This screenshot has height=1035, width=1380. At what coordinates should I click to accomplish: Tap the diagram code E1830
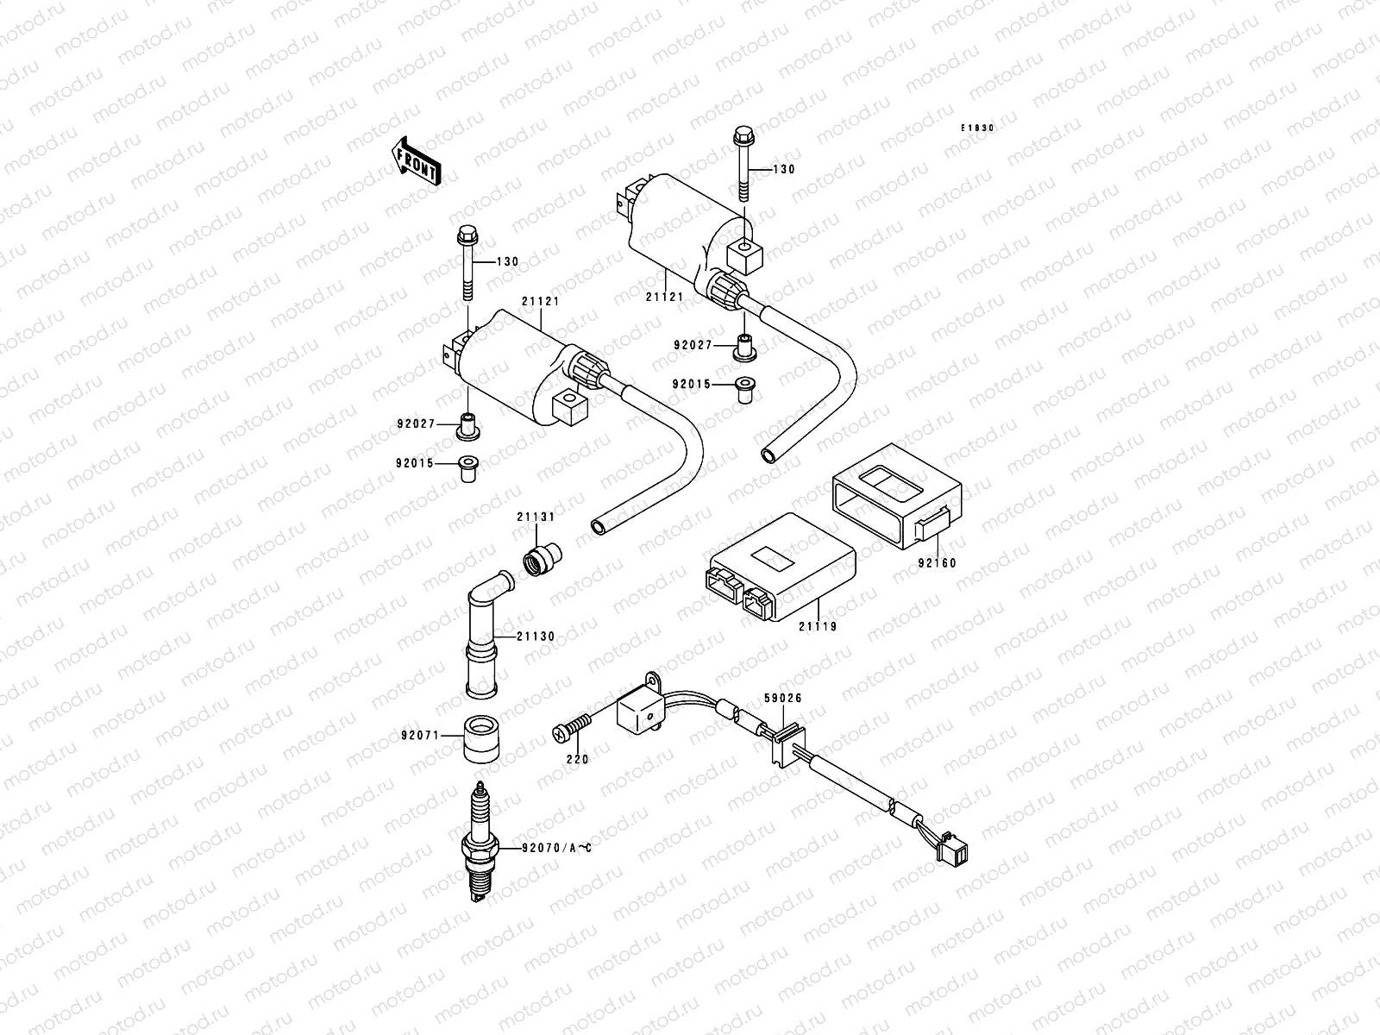pyautogui.click(x=978, y=128)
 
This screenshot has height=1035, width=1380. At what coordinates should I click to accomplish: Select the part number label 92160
pyautogui.click(x=937, y=563)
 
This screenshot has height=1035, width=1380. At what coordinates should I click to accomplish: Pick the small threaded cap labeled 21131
pyautogui.click(x=541, y=558)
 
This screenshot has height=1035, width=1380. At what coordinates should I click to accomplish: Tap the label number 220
pyautogui.click(x=577, y=759)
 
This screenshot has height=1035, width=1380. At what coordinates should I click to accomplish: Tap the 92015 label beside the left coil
pyautogui.click(x=417, y=463)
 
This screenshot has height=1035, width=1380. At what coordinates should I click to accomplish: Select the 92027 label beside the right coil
pyautogui.click(x=693, y=345)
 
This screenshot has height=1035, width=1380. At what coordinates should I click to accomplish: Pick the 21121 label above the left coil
pyautogui.click(x=540, y=301)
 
